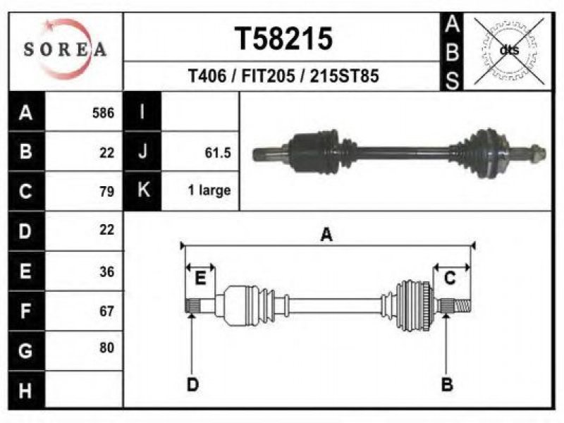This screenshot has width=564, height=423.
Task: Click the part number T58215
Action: click(x=283, y=39)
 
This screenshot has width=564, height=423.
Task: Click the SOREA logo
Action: click(x=66, y=49)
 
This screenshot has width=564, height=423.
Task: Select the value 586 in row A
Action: click(x=103, y=113)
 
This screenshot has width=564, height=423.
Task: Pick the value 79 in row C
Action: click(x=107, y=191)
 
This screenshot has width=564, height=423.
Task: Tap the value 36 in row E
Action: click(x=107, y=271)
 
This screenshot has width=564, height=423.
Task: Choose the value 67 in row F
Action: click(x=107, y=311)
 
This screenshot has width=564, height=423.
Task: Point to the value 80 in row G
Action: click(x=107, y=348)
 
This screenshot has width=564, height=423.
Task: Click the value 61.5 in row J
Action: click(x=218, y=153)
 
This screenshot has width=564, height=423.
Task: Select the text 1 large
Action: click(x=209, y=190)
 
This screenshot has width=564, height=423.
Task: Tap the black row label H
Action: click(x=26, y=391)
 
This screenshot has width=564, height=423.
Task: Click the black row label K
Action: click(x=142, y=190)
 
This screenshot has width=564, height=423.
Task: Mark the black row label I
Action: click(x=142, y=111)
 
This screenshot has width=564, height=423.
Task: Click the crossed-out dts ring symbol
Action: click(x=509, y=51)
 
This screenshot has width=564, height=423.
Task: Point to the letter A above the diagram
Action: click(x=326, y=235)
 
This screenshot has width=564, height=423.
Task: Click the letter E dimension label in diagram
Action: click(x=200, y=278)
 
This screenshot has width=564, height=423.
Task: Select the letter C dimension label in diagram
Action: click(x=450, y=278)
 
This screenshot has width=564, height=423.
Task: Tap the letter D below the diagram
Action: click(x=192, y=384)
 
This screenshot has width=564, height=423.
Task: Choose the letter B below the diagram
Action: click(x=447, y=384)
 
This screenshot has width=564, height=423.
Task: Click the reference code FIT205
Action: click(x=269, y=76)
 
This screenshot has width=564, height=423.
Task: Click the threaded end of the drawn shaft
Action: click(x=462, y=306)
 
